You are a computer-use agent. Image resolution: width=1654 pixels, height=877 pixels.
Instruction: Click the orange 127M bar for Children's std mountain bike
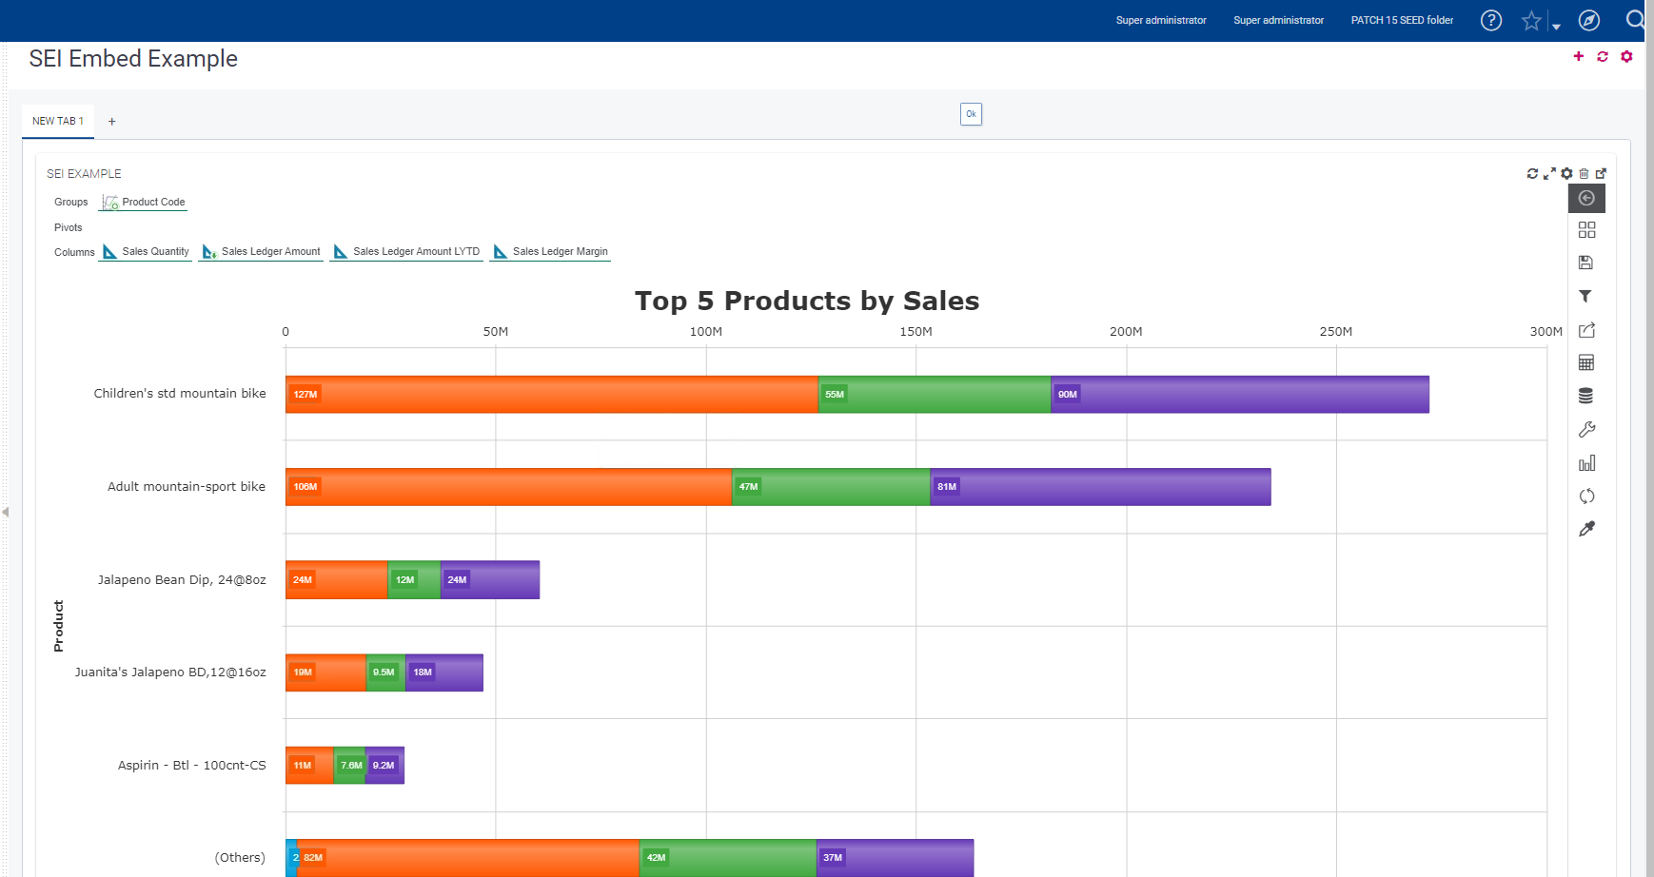[552, 394]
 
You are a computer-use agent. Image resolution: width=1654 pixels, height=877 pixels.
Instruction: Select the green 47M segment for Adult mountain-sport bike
[831, 487]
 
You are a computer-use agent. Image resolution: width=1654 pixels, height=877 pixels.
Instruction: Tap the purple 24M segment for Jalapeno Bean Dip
[490, 580]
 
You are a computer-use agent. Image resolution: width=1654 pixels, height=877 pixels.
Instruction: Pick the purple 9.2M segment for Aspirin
[384, 766]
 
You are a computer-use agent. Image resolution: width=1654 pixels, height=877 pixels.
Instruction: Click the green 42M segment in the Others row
[728, 858]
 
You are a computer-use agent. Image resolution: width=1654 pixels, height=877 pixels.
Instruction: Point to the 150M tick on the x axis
[916, 332]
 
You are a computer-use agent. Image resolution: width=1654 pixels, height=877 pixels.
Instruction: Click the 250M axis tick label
[1335, 332]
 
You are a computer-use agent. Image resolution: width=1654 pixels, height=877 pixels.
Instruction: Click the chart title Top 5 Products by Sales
[807, 301]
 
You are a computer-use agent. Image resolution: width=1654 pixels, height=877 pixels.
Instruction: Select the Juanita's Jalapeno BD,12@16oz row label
[170, 672]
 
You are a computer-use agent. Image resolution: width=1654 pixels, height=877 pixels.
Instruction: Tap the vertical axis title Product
[59, 625]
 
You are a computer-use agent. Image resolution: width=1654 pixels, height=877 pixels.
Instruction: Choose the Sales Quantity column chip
[147, 252]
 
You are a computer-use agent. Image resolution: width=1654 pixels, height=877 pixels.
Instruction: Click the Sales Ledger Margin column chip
[550, 252]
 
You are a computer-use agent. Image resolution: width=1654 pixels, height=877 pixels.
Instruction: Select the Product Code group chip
[144, 203]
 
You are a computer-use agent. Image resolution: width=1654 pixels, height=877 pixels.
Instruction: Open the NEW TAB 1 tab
[58, 121]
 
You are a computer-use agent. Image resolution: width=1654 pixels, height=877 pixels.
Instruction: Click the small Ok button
[971, 114]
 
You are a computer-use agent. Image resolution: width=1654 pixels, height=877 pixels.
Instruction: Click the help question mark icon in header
[1491, 20]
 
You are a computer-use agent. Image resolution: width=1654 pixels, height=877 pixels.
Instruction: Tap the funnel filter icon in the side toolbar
[1585, 297]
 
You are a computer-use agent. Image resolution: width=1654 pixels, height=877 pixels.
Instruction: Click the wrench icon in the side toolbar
[1586, 430]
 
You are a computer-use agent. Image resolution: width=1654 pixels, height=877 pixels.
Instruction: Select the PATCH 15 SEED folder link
[1402, 20]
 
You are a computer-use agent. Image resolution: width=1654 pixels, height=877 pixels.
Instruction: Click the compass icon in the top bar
[1589, 20]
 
